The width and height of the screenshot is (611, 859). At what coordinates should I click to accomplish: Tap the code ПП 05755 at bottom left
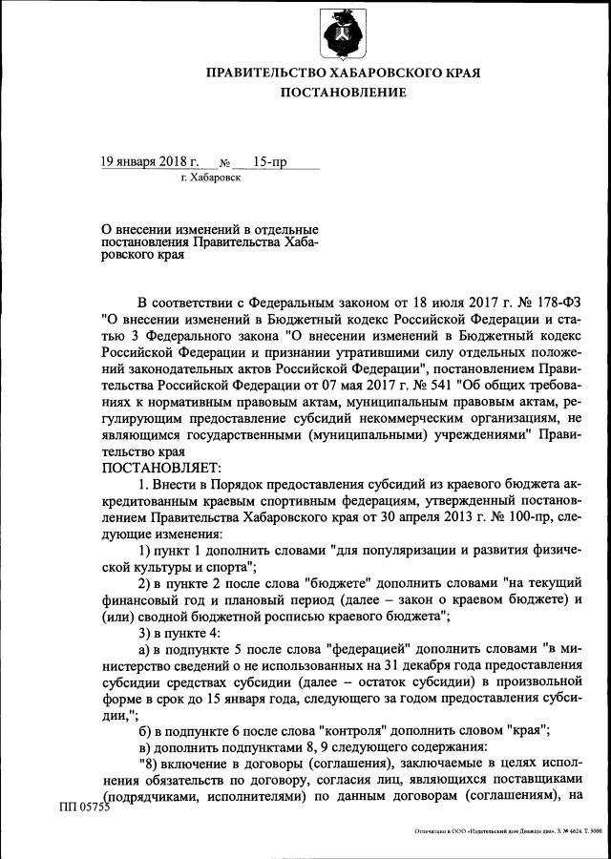[x=85, y=808]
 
